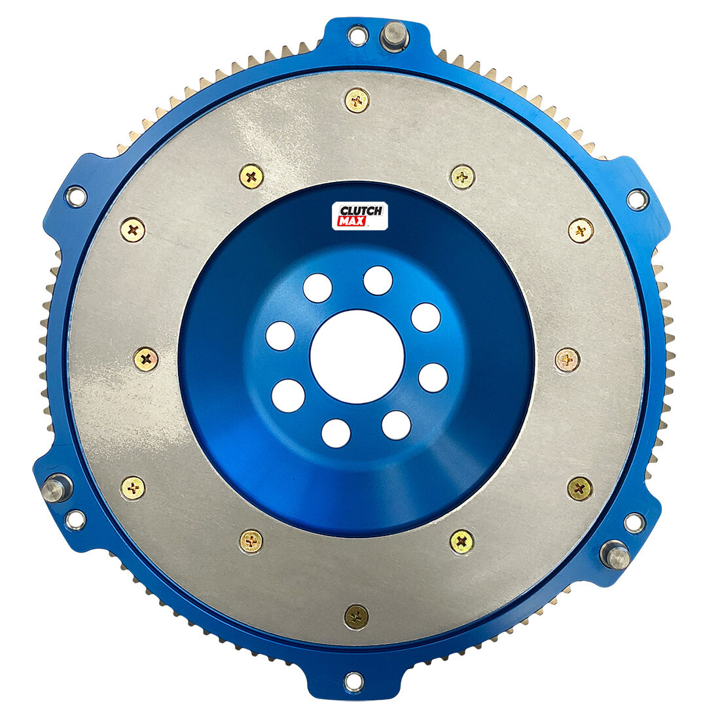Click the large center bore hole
tap(353, 357)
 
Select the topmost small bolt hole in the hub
tap(378, 281)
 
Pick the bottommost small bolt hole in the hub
tap(336, 433)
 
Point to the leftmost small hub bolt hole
tap(280, 336)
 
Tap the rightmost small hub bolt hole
tap(433, 378)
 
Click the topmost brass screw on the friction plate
tap(356, 100)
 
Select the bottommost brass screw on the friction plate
tap(356, 616)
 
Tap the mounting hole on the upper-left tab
tap(76, 195)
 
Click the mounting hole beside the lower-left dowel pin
tap(75, 518)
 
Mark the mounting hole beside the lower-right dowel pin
tap(633, 522)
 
